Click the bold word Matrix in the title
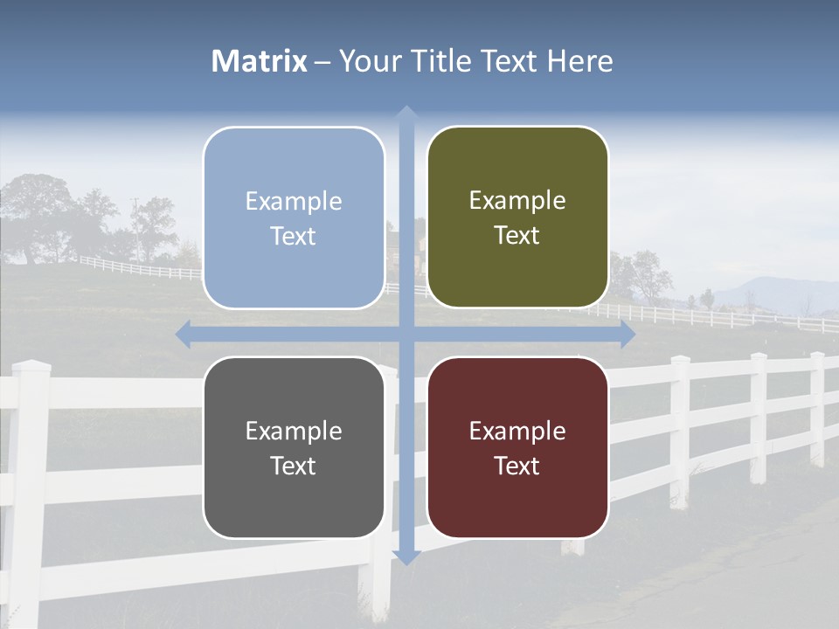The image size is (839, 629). click(x=260, y=61)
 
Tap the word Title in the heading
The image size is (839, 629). click(x=447, y=61)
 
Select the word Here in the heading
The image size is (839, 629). click(x=579, y=61)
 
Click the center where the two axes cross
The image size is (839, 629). click(x=406, y=335)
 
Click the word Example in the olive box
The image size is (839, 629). click(x=517, y=201)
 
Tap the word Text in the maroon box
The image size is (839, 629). click(x=517, y=466)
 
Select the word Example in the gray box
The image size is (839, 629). click(x=294, y=431)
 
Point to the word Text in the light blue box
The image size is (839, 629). click(x=294, y=236)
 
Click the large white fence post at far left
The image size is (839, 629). click(x=29, y=489)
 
